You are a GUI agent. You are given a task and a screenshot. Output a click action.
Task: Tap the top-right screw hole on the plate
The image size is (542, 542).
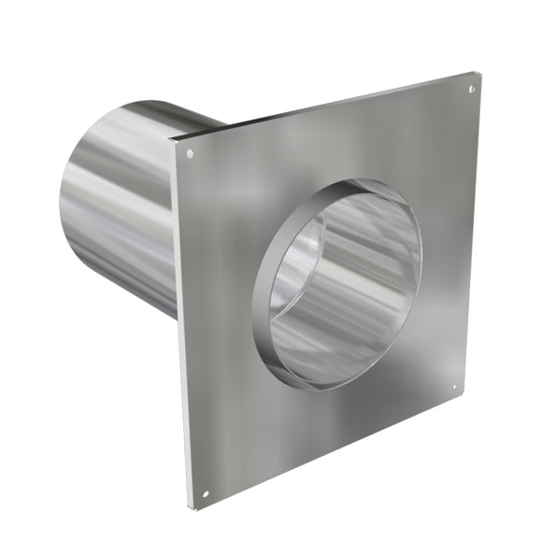point(471,90)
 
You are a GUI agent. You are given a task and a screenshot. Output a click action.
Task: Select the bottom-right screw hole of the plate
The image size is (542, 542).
point(455,387)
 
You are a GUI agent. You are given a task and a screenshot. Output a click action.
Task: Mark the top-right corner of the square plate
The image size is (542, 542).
point(479,71)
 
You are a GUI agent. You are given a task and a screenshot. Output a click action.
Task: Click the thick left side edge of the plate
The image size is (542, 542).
point(179,327)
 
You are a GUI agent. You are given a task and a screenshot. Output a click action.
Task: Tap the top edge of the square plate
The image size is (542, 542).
point(327,106)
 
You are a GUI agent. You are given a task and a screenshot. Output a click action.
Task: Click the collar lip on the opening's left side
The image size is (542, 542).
point(263,299)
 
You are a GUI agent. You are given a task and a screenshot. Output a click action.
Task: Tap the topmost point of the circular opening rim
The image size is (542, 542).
point(369,180)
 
